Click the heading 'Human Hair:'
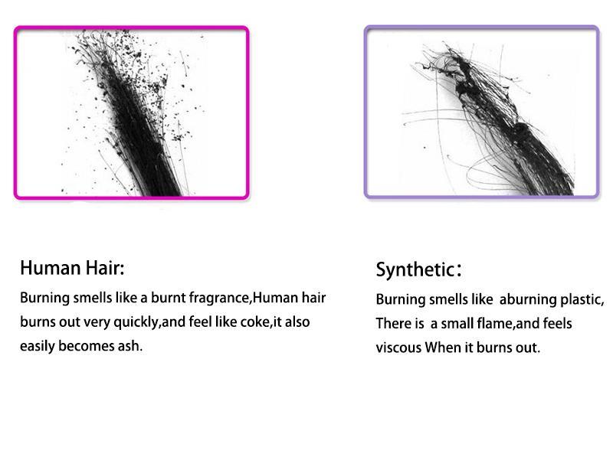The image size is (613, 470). tap(72, 268)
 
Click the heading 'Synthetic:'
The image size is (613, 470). tap(418, 269)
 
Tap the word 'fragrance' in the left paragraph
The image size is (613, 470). tap(219, 298)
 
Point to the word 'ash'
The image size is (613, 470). tap(129, 346)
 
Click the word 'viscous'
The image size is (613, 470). tap(398, 348)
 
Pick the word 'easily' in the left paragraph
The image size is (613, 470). tap(37, 346)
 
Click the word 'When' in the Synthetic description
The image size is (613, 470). tap(443, 348)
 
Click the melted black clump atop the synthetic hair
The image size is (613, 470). tap(466, 78)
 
